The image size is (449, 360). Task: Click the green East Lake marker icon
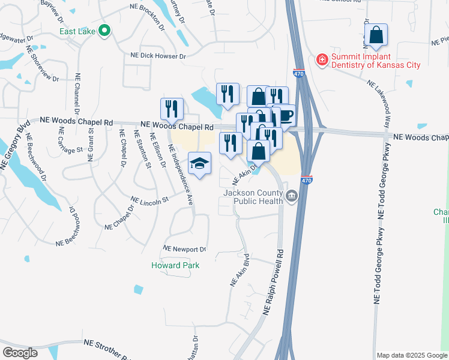coord(105,30)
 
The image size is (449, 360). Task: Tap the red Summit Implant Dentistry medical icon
coord(322,59)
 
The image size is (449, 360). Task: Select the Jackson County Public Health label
coord(253,197)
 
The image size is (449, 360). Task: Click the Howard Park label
coord(175,265)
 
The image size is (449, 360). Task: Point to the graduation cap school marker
coord(200,163)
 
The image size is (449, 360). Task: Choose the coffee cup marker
coord(285,115)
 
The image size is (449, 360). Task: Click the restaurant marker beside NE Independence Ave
coord(172,109)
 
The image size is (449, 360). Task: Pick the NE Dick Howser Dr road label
coord(158,56)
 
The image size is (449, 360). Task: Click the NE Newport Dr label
coord(185,249)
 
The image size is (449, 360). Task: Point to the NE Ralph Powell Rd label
coord(273,283)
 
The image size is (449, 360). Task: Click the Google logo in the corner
coord(20,352)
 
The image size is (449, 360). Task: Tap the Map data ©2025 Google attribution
coord(412,355)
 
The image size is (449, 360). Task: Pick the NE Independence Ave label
coord(181,175)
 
